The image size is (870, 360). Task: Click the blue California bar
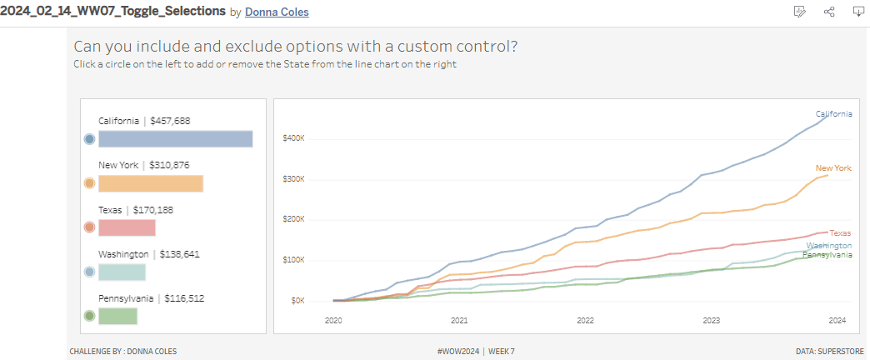[x=175, y=138]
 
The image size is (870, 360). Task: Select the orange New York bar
[x=151, y=183]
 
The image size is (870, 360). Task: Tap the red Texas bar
[x=127, y=227]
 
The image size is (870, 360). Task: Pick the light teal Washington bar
[x=122, y=272]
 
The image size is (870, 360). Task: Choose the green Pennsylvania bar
[x=117, y=316]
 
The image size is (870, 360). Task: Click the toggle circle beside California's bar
[x=89, y=139]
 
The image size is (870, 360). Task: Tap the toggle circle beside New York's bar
[x=89, y=183]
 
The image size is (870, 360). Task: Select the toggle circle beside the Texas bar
[x=89, y=227]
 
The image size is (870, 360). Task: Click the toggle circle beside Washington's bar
[x=89, y=272]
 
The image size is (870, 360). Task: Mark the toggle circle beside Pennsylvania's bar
[x=89, y=316]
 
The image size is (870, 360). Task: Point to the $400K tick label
[x=294, y=138]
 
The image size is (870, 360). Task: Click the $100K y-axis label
[x=294, y=260]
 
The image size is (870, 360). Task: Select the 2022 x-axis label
[x=585, y=320]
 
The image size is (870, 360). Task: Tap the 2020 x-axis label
[x=333, y=320]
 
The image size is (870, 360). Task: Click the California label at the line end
[x=833, y=113]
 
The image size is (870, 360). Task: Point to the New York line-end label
[x=833, y=168]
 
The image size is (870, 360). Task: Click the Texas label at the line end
[x=840, y=233]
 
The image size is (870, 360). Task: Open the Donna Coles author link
[x=277, y=12]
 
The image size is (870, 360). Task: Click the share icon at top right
[x=829, y=12]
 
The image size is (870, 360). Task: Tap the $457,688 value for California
[x=170, y=121]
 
